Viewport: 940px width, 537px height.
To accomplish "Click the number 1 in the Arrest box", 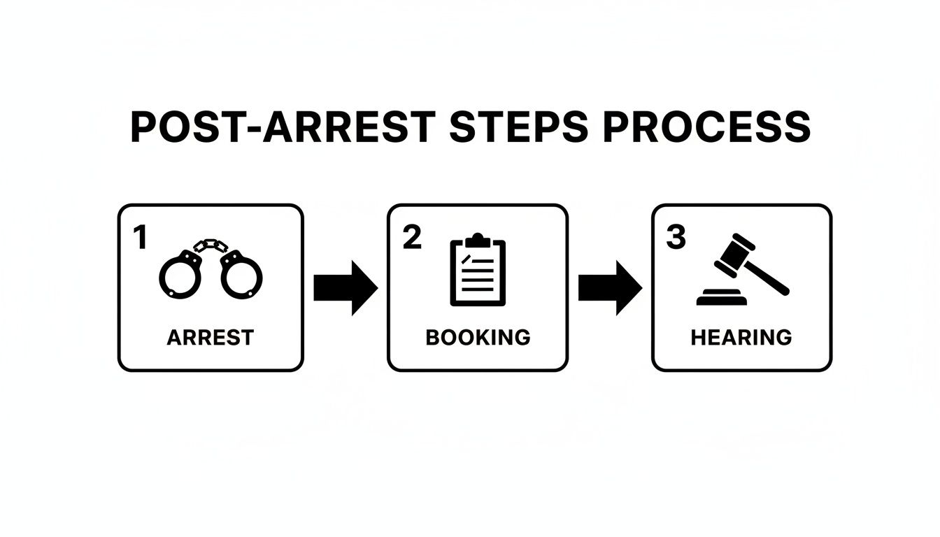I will pos(140,238).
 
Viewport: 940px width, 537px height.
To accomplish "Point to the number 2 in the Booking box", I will pos(412,238).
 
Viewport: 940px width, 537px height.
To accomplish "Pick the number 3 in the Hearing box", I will pos(676,238).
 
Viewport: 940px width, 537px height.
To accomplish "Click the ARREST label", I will pos(210,338).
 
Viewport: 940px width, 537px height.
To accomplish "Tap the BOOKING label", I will pos(478,338).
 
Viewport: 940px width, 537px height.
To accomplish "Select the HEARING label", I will pos(741,338).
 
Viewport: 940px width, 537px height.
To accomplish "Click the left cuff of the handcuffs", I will pos(180,275).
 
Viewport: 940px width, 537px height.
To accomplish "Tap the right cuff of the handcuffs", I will pos(241,275).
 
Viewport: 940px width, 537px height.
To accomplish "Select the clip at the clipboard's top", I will pos(478,239).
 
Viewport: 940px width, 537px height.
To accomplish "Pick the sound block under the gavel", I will pos(721,298).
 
